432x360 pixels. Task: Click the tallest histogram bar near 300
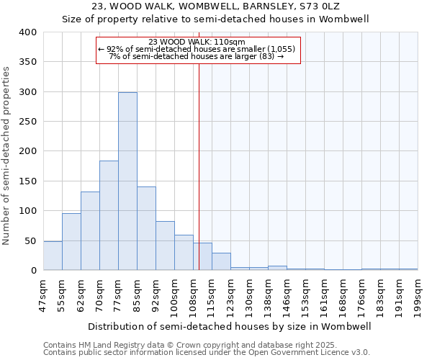[127, 181]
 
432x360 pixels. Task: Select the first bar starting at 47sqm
[53, 256]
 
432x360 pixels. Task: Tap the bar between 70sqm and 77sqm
[109, 215]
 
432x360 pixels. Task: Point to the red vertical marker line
[199, 158]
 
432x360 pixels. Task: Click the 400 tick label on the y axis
[28, 32]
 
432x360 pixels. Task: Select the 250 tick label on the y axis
[28, 122]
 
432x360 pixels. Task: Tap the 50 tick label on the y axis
[31, 240]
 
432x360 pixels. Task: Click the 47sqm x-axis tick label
[44, 292]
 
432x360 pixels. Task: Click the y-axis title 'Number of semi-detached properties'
[6, 155]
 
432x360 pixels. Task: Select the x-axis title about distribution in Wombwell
[230, 326]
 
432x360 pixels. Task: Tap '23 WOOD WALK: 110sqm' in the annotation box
[197, 42]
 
